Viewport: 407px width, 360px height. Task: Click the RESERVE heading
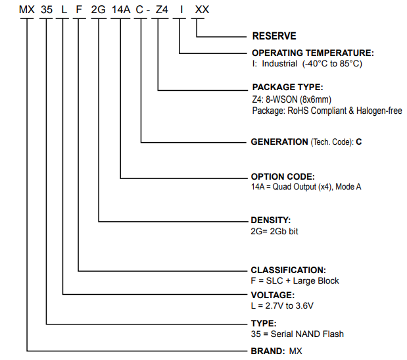tap(274, 36)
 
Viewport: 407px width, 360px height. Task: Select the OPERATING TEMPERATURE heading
tap(313, 53)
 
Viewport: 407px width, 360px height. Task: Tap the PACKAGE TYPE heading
tap(287, 88)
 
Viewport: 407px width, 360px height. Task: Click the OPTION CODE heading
tap(283, 177)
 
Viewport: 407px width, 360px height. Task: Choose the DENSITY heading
tap(271, 219)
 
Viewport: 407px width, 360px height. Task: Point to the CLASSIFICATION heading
tap(288, 270)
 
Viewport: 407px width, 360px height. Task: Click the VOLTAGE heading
tap(273, 296)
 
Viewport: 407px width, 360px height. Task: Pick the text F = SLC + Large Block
tap(295, 281)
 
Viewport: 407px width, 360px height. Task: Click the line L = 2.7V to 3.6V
tap(283, 307)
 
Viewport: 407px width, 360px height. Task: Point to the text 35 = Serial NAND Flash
tap(297, 334)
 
